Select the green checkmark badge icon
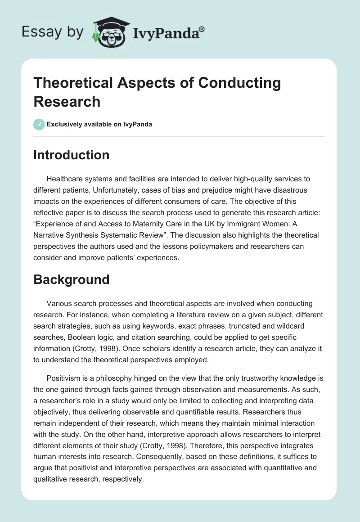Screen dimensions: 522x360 [x=39, y=124]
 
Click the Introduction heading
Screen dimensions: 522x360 [x=72, y=155]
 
